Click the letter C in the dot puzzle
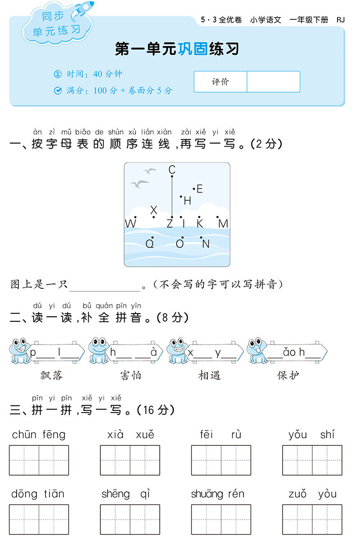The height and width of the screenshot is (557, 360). point(172,170)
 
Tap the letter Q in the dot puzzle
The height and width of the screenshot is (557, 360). point(150,244)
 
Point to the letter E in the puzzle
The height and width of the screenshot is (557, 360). point(200,189)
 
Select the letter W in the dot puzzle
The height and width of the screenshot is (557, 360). point(130,224)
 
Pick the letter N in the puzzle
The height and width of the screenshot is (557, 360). point(206,244)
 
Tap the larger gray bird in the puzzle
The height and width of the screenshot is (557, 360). point(139,184)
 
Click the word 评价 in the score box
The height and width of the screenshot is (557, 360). point(220,82)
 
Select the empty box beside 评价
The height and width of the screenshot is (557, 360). point(273,82)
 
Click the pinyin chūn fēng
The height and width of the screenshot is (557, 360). point(39,435)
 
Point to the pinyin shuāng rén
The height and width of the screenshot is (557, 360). point(218,494)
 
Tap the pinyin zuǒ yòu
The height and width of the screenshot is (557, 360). point(312,494)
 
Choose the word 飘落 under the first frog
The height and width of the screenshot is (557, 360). point(52,375)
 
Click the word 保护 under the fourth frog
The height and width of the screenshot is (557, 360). point(288,375)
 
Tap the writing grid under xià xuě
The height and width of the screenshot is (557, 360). point(130,460)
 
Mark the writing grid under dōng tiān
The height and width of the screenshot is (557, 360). point(39,519)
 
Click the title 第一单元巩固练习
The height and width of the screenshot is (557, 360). point(177,49)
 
